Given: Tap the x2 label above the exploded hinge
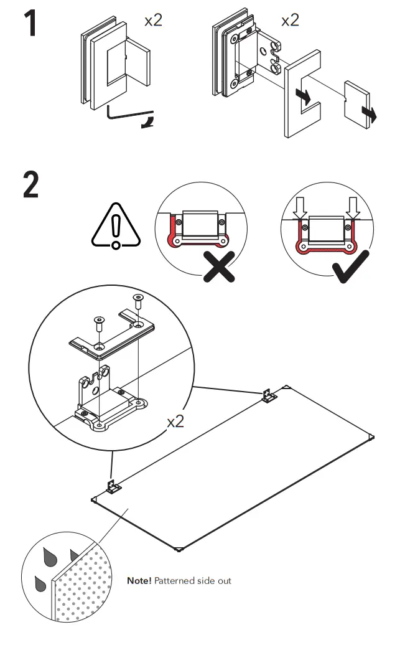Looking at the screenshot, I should [290, 20].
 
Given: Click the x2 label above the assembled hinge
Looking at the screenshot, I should [153, 20].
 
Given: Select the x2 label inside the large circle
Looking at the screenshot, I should [176, 421].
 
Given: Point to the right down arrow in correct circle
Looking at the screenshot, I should [353, 208].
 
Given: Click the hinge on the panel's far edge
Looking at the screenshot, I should [268, 396].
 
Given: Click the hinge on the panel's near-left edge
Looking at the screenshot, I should [113, 486].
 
